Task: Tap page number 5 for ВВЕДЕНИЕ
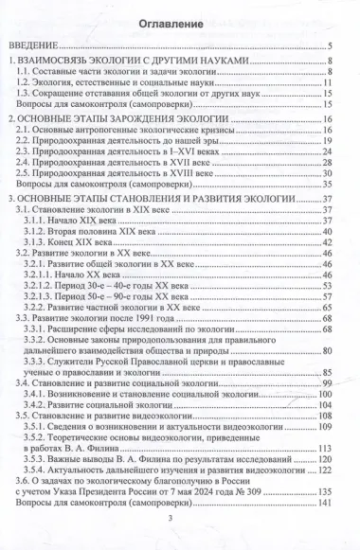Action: coord(328,47)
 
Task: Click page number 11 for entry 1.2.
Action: coord(325,83)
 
